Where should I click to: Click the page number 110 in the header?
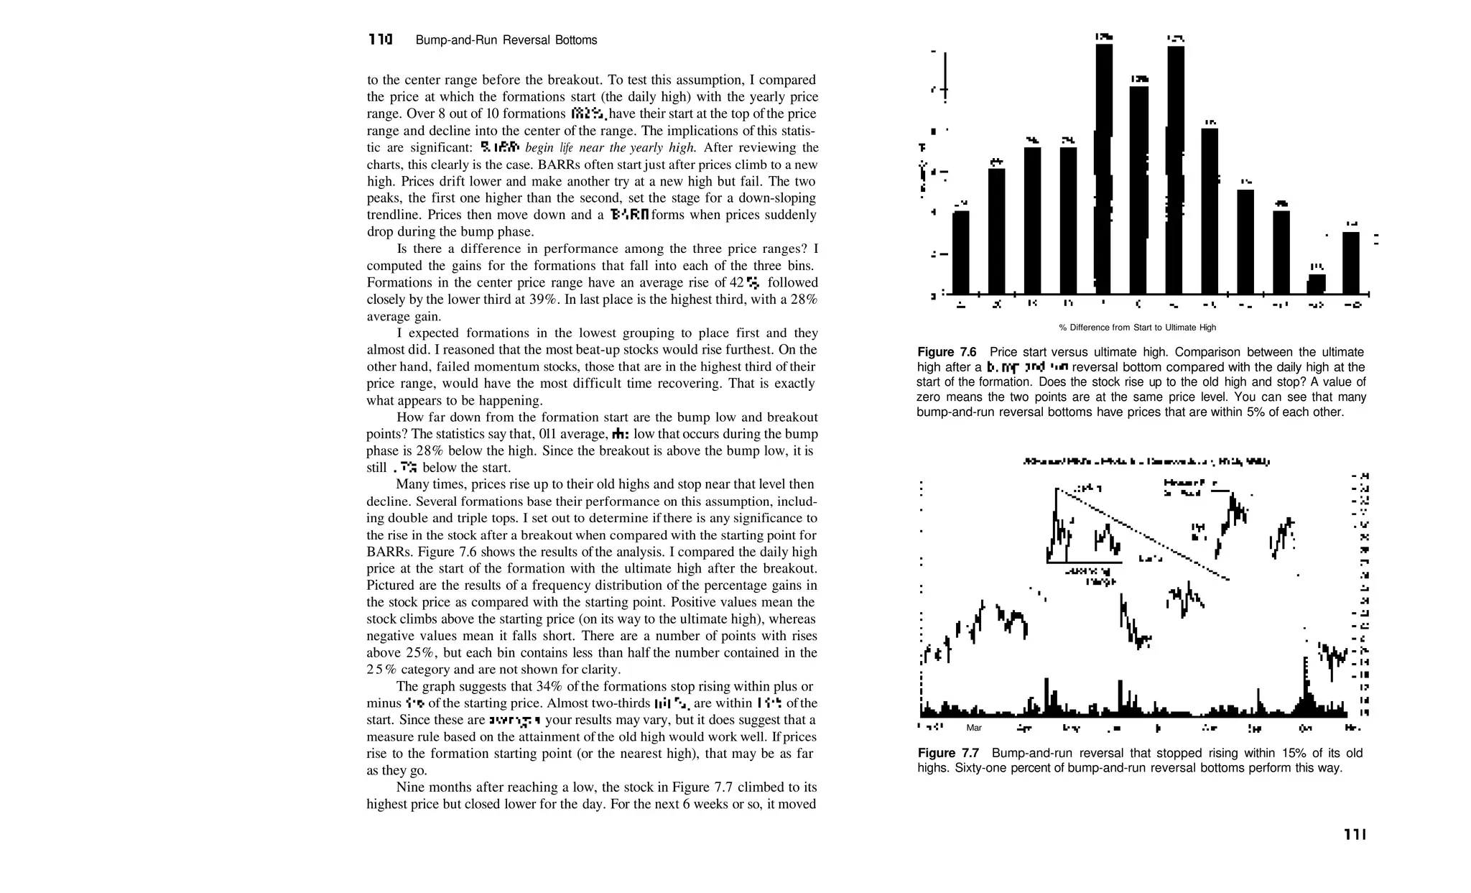click(x=380, y=40)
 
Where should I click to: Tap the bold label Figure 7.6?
click(x=947, y=352)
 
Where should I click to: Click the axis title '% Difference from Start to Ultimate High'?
click(x=1137, y=328)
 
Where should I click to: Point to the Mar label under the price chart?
click(x=974, y=728)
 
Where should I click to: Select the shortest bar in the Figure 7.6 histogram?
click(x=1316, y=284)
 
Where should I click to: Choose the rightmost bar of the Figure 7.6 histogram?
click(x=1351, y=263)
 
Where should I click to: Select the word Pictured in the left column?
click(x=389, y=586)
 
